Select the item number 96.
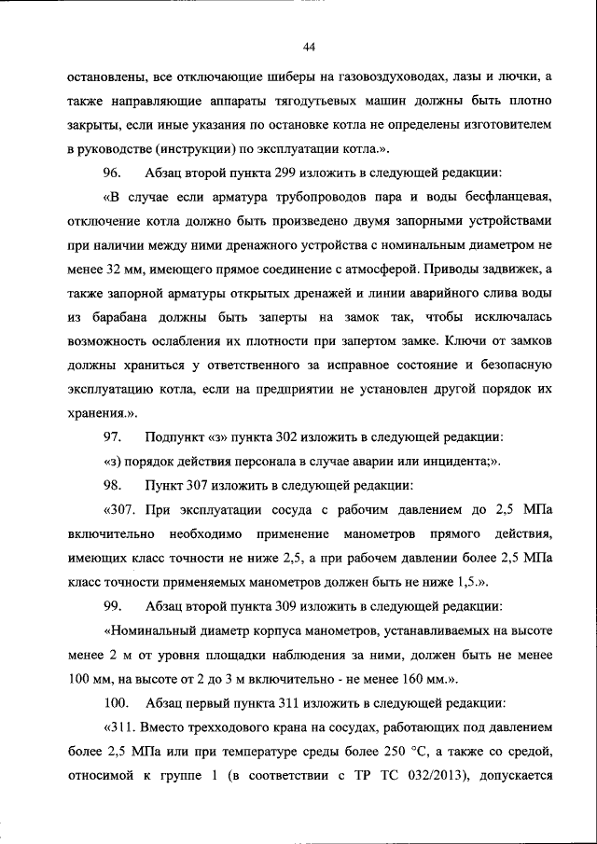click(x=113, y=173)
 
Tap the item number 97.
click(x=113, y=436)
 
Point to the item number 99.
click(x=113, y=606)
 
